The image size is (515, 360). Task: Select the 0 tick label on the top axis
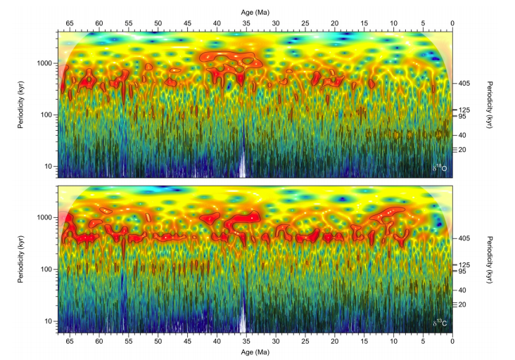452,22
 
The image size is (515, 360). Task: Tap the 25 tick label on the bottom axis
305,340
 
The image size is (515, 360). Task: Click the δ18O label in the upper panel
440,169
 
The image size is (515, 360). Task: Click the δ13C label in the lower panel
440,323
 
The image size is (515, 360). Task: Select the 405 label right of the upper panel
464,83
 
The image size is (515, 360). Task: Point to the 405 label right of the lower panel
464,238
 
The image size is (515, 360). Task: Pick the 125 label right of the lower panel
464,264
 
